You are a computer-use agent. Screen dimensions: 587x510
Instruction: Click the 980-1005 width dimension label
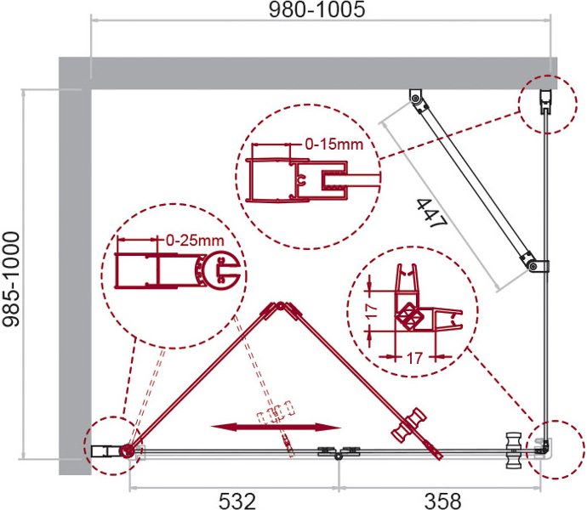click(316, 9)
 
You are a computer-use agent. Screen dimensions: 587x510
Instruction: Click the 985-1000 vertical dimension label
click(11, 279)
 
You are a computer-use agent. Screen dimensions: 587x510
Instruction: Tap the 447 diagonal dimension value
click(432, 213)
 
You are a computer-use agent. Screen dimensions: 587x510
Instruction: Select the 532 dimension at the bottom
click(237, 501)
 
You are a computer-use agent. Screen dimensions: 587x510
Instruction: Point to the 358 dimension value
click(442, 501)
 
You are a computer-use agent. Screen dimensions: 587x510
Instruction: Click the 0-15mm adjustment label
click(334, 144)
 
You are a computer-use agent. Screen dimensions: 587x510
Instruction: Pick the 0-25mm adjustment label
click(195, 241)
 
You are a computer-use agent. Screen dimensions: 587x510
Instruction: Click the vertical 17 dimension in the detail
click(372, 311)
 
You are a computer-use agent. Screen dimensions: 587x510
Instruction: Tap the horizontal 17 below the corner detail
click(414, 358)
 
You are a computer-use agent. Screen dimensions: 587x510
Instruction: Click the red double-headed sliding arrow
click(276, 427)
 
